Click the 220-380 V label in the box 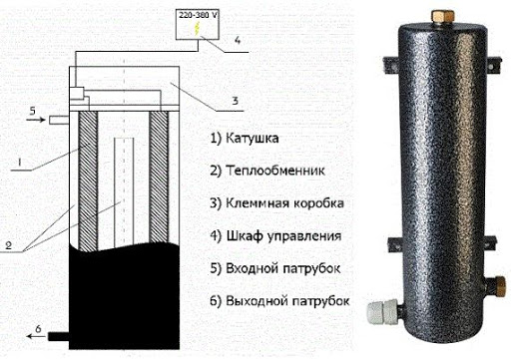click(x=199, y=15)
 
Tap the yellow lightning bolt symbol click(x=198, y=29)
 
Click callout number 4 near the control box click(x=238, y=41)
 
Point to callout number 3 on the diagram click(x=236, y=101)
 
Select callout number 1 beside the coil click(x=19, y=162)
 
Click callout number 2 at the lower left click(x=9, y=245)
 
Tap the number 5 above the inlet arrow click(x=32, y=111)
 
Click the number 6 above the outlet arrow click(x=38, y=329)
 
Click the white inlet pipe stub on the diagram click(x=59, y=120)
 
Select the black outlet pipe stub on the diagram click(x=59, y=336)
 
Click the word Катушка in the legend click(x=253, y=138)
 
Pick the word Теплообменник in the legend click(x=275, y=171)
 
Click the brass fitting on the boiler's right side click(x=498, y=285)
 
